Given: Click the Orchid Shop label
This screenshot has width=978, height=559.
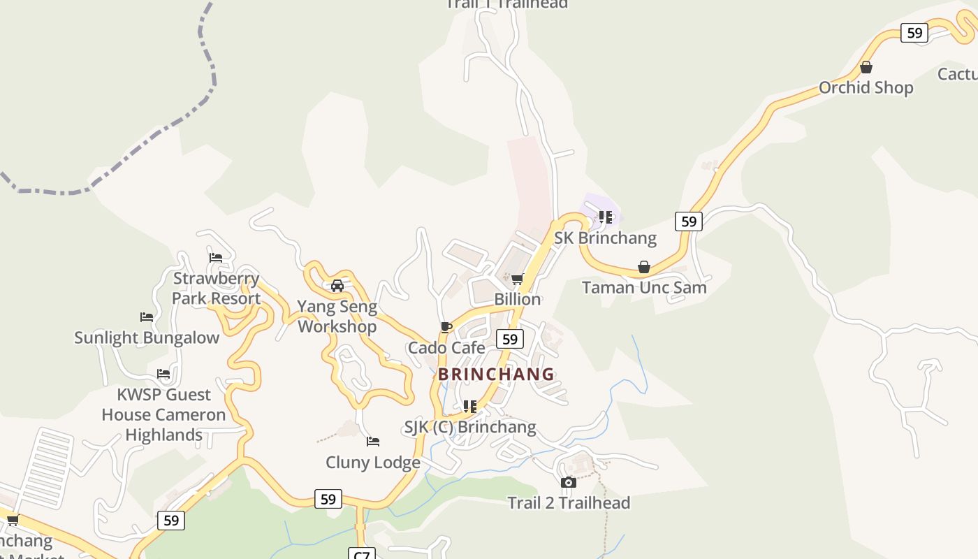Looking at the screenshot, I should click(x=866, y=87).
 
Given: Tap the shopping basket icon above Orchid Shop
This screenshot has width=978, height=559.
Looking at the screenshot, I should click(x=866, y=67).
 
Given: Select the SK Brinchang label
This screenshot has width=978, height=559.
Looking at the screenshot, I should click(x=605, y=238).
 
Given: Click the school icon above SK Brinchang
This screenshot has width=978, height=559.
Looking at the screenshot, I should click(x=606, y=217).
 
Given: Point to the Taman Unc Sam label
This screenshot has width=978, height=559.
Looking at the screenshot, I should click(x=644, y=287).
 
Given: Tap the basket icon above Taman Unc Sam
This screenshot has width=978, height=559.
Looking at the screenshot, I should click(x=644, y=267).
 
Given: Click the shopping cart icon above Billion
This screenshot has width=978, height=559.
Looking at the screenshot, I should click(x=518, y=279).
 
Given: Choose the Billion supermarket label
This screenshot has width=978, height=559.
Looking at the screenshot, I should click(x=518, y=299).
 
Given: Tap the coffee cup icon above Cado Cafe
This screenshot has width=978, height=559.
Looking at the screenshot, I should click(x=446, y=327).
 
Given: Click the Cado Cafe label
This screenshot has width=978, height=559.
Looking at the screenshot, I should click(x=446, y=347).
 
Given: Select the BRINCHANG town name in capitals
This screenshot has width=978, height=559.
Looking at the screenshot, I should click(x=496, y=374).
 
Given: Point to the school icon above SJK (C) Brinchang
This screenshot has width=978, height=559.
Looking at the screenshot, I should click(x=470, y=406).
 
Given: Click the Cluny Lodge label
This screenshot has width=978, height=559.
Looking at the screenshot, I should click(x=373, y=462).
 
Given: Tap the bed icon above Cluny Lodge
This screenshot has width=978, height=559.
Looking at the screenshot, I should click(x=373, y=442).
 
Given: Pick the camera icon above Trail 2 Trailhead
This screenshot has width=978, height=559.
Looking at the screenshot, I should click(x=569, y=482).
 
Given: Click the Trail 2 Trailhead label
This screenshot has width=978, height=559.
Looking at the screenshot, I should click(x=569, y=502).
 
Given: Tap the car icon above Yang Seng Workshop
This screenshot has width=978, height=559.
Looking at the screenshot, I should click(x=337, y=286).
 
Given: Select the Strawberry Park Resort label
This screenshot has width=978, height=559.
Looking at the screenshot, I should click(x=217, y=289).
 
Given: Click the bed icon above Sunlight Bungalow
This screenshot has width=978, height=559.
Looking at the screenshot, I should click(x=147, y=317).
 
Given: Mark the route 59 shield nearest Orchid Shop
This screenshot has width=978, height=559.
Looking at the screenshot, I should click(x=914, y=33).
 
